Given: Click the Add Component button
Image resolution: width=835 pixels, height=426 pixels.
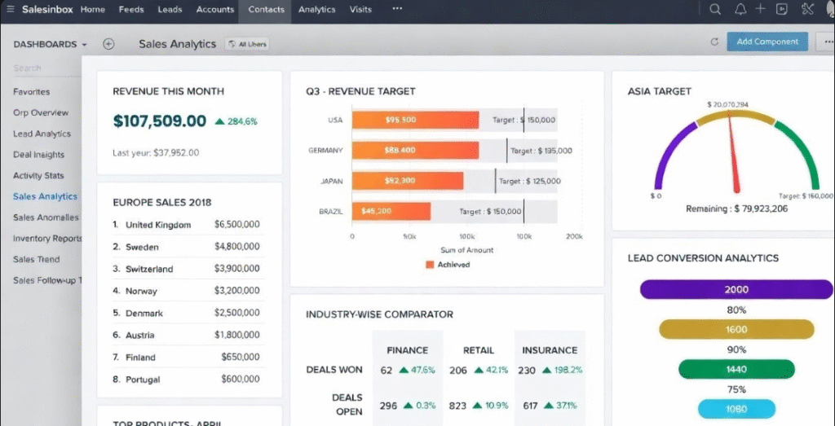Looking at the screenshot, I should tap(767, 42).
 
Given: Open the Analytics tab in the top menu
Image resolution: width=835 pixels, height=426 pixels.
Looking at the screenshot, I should tap(316, 10).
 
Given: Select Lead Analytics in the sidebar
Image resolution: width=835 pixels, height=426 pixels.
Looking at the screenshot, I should tap(42, 134).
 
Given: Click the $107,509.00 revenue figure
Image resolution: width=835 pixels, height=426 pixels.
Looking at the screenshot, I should tap(160, 121).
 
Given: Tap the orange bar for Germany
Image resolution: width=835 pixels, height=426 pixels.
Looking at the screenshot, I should tap(416, 150).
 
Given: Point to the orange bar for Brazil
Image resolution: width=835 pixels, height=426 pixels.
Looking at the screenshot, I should tap(391, 211).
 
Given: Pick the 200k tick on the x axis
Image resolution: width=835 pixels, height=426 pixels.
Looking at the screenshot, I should tap(574, 237).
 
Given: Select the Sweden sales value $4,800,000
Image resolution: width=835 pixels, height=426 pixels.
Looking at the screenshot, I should tap(236, 247).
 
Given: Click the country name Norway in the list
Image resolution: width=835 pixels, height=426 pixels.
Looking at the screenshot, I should tap(141, 291).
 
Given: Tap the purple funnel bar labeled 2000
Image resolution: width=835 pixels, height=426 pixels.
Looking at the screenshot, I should tap(736, 289).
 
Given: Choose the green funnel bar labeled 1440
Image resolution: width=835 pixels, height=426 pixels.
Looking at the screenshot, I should tap(736, 369).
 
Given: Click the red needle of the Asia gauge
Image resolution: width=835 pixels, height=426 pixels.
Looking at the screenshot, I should tap(734, 155).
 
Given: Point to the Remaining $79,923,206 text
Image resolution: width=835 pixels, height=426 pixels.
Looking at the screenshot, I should tap(736, 209).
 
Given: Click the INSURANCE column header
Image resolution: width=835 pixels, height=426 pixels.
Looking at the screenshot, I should tap(549, 350).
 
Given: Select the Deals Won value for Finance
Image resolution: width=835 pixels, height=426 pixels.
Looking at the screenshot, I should tap(386, 370).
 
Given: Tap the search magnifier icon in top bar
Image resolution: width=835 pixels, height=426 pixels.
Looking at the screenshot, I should tap(715, 10).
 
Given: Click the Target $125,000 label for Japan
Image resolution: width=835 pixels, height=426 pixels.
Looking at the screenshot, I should tap(529, 181).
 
